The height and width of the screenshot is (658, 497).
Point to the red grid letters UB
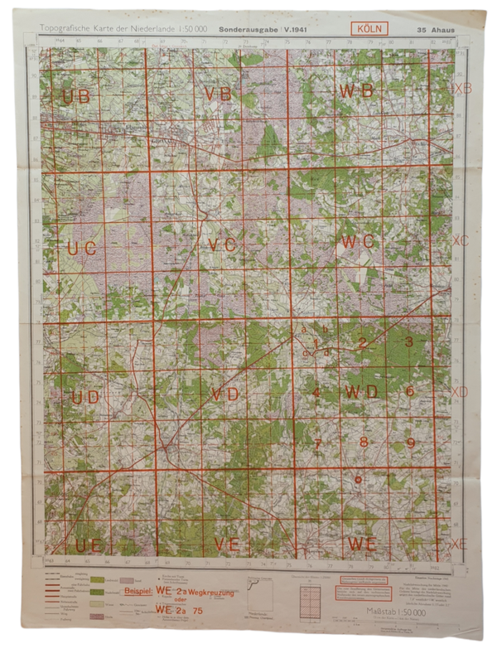(75, 96)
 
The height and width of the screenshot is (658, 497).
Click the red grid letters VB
(219, 94)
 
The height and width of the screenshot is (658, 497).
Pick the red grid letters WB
(358, 91)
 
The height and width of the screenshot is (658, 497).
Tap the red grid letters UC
(81, 248)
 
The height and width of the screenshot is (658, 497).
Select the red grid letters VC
(223, 244)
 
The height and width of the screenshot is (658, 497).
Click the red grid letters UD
(84, 397)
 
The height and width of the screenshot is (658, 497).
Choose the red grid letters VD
(225, 393)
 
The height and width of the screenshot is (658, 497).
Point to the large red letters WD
(362, 390)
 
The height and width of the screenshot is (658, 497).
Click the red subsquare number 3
(408, 341)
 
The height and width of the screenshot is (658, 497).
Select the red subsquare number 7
(316, 443)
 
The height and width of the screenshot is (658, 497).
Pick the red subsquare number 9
(410, 443)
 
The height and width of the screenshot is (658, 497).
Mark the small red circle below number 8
(357, 478)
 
